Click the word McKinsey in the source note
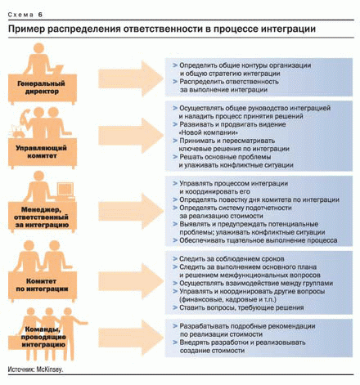point(50,369)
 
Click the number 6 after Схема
point(40,15)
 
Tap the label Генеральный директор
point(42,87)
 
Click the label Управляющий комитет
point(42,152)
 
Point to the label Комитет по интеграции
point(42,284)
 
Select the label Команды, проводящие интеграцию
point(43,337)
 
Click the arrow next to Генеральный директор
point(131,78)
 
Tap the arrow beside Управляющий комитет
point(131,136)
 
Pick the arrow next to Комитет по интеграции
point(131,282)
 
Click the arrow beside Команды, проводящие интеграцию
point(131,338)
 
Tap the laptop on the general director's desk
point(58,69)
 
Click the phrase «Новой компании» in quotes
point(209,132)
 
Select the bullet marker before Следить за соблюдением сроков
point(175,258)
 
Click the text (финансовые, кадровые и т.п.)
point(227,299)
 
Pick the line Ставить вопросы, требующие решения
point(241,307)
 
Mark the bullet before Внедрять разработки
point(175,342)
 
